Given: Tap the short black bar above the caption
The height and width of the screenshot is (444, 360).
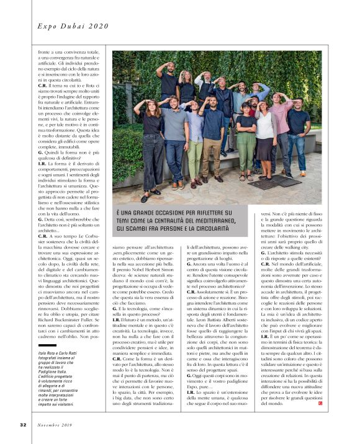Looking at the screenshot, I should [x=47, y=344].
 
